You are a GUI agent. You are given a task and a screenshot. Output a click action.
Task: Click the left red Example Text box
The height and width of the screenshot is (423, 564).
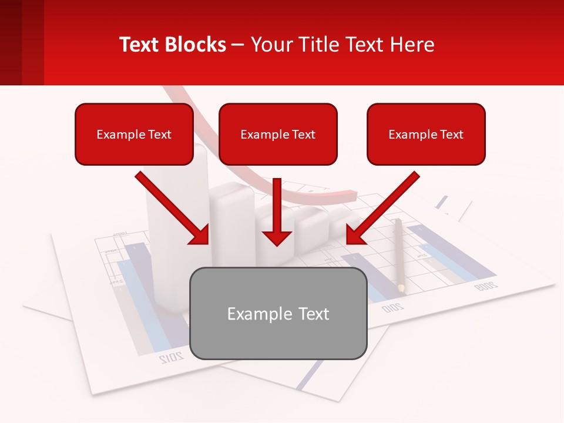point(134,134)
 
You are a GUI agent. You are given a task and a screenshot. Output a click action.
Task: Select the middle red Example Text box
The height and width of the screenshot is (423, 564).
point(278,134)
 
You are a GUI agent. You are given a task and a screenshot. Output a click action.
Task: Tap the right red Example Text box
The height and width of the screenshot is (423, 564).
point(426,134)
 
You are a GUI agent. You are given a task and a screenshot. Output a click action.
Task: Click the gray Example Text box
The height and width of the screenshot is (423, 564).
point(278,313)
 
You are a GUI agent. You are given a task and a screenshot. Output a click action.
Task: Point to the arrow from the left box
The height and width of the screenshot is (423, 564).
point(173,208)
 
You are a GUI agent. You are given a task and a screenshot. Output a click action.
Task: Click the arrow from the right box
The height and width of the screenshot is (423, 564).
point(382,208)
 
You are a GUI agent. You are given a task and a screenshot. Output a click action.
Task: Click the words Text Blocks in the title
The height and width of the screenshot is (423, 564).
point(173,45)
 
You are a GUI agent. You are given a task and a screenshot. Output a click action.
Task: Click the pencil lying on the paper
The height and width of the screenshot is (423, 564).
point(399,253)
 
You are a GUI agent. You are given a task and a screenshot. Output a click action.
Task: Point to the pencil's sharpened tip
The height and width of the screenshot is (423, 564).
point(401,288)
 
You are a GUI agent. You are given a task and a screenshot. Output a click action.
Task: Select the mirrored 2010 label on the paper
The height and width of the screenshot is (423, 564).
point(392,307)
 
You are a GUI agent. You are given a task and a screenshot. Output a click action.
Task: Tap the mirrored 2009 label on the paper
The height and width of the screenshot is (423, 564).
point(485,286)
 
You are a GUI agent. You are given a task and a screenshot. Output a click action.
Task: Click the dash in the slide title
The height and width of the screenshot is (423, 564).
point(239,45)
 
